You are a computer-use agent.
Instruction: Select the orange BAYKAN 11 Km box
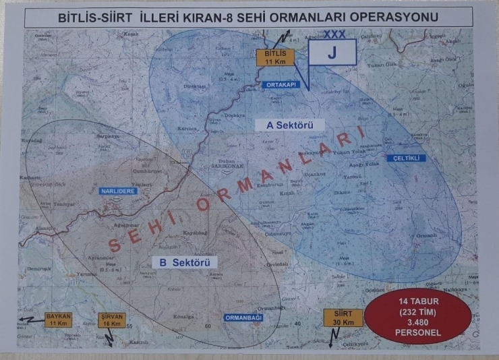pyautogui.click(x=58, y=320)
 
